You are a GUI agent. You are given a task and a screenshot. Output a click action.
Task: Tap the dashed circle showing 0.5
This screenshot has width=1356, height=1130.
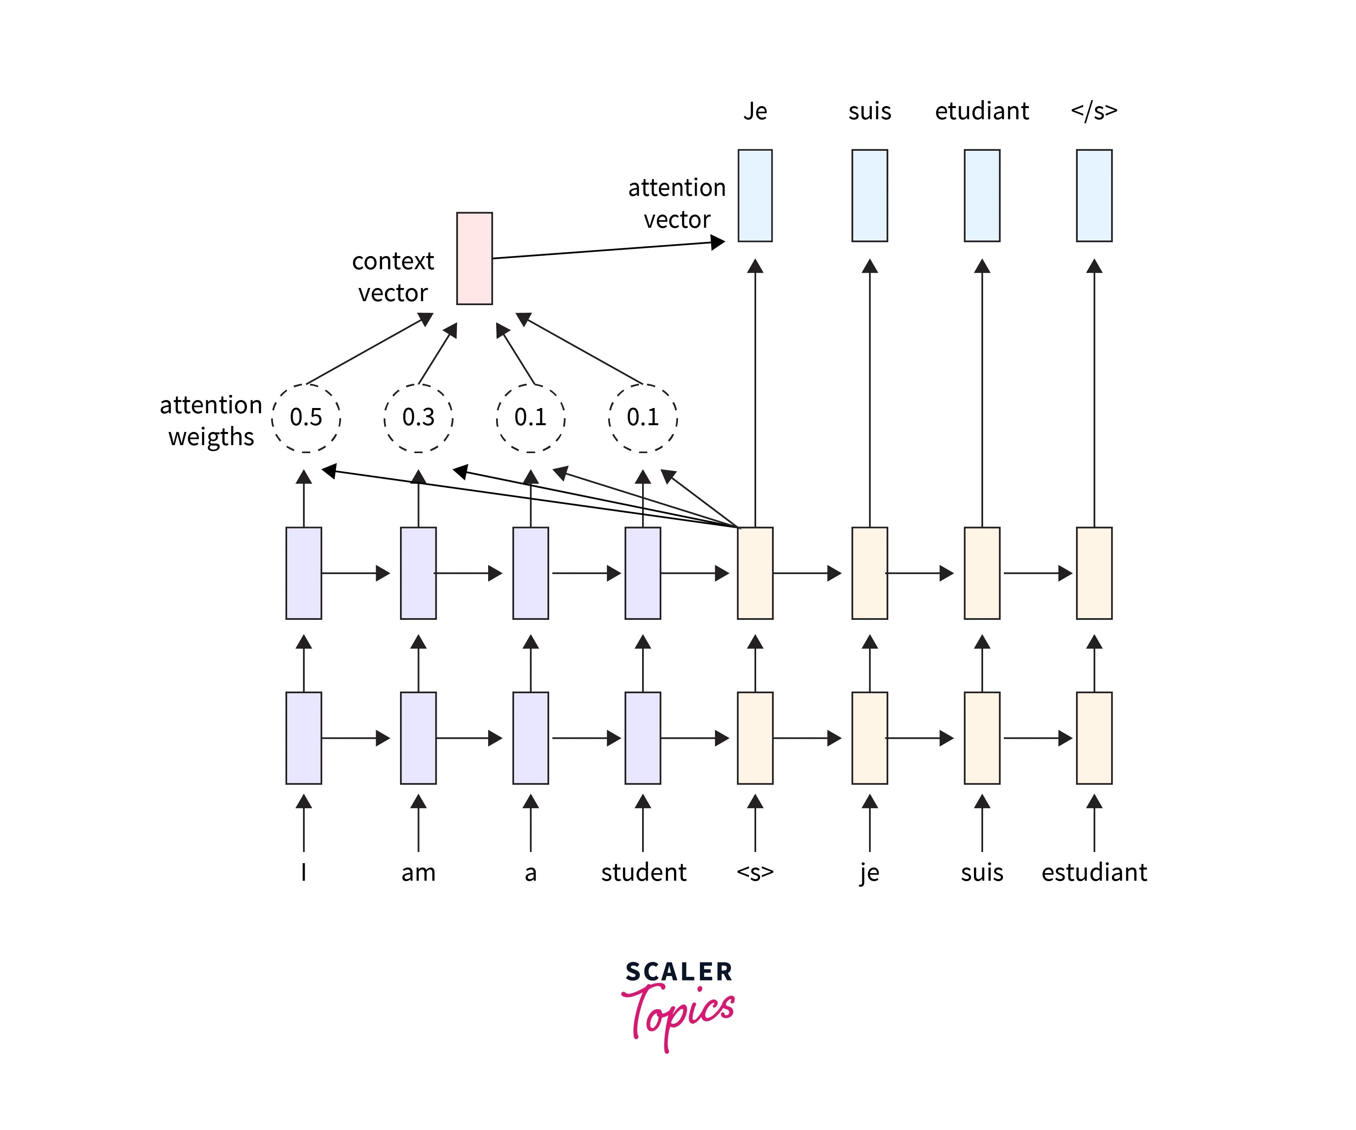pyautogui.click(x=305, y=418)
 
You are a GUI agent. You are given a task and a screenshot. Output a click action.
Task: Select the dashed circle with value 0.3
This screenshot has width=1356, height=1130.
pyautogui.click(x=418, y=418)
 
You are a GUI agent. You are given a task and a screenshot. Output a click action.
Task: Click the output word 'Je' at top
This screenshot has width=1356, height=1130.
pyautogui.click(x=755, y=111)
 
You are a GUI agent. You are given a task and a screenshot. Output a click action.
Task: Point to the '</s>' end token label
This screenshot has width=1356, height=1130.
pyautogui.click(x=1094, y=111)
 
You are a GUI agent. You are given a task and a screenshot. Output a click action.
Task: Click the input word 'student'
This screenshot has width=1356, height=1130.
pyautogui.click(x=643, y=872)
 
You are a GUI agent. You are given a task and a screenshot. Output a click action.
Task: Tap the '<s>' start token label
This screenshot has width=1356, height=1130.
pyautogui.click(x=755, y=872)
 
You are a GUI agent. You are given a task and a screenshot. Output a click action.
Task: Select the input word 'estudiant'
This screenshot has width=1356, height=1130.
pyautogui.click(x=1094, y=872)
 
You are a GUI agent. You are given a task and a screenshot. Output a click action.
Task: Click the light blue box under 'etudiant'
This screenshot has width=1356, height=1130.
pyautogui.click(x=982, y=196)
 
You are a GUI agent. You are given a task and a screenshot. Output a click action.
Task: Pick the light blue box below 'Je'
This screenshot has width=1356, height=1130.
pyautogui.click(x=755, y=196)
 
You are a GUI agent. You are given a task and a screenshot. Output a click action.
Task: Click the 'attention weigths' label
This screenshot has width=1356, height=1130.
pyautogui.click(x=211, y=421)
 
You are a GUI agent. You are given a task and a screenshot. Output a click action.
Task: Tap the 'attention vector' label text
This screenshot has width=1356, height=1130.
pyautogui.click(x=677, y=203)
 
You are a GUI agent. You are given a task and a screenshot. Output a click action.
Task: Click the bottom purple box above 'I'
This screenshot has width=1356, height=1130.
pyautogui.click(x=304, y=738)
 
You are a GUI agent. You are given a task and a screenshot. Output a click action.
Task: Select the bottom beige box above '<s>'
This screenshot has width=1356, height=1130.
pyautogui.click(x=755, y=738)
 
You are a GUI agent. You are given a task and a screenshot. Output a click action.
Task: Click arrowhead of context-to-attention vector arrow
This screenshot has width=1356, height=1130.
pyautogui.click(x=718, y=242)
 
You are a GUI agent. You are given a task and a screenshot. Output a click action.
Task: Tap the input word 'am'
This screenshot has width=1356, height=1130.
pyautogui.click(x=418, y=872)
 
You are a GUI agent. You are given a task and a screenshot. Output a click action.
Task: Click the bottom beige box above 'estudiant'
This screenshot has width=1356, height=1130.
pyautogui.click(x=1094, y=738)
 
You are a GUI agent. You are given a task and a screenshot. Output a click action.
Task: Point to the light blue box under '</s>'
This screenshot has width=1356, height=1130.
pyautogui.click(x=1094, y=196)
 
